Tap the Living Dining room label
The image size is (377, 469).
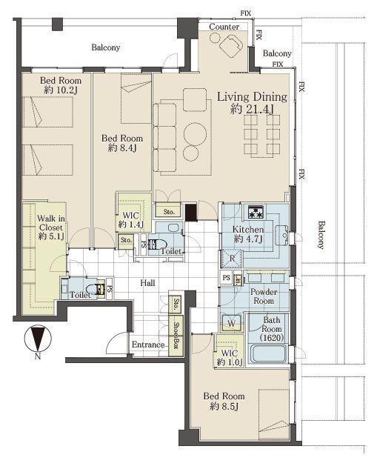(x=252, y=102)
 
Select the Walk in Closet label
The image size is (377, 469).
(x=51, y=227)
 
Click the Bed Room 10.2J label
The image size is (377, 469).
(x=61, y=85)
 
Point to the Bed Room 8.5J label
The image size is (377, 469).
(x=224, y=401)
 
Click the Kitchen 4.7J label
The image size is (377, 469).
(x=248, y=234)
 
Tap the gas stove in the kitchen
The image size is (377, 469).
(x=256, y=212)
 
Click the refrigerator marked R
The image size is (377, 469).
(x=232, y=258)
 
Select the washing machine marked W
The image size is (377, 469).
(x=231, y=323)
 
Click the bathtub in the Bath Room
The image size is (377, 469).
(x=268, y=354)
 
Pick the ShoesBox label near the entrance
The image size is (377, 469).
(x=176, y=336)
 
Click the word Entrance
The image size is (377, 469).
(x=148, y=345)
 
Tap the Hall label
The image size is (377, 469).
(x=147, y=283)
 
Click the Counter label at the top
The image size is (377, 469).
(x=224, y=27)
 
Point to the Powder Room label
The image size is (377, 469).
(x=264, y=296)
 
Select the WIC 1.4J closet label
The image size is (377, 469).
(x=131, y=220)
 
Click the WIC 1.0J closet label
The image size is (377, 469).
(x=230, y=358)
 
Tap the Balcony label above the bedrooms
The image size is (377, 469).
(x=105, y=47)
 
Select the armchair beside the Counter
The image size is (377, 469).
(x=231, y=46)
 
